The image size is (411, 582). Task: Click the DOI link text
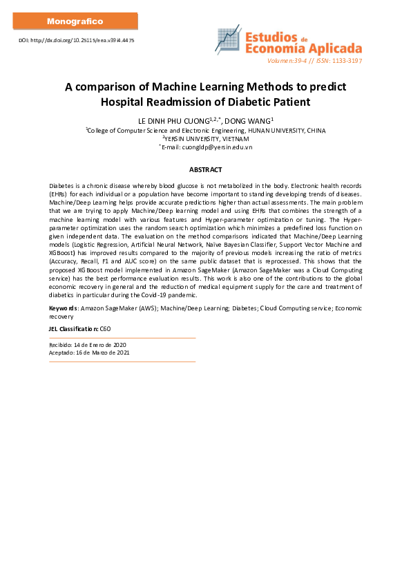click(76, 41)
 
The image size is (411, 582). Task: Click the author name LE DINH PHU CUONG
click(172, 120)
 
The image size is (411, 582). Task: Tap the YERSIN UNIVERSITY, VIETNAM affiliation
click(207, 138)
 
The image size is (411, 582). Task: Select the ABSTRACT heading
click(205, 169)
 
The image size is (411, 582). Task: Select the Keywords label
click(63, 308)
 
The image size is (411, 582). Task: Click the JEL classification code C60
click(106, 328)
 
